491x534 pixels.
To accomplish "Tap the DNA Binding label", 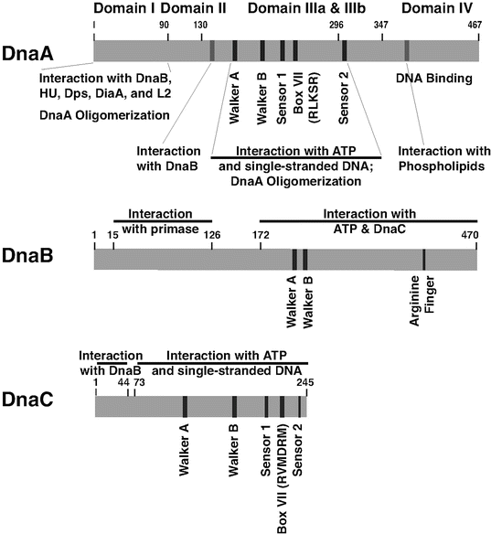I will pos(433,79).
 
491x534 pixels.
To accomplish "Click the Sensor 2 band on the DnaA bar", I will pos(344,50).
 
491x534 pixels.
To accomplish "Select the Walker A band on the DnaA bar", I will pos(235,50).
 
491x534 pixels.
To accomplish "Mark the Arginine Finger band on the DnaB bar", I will pos(423,259).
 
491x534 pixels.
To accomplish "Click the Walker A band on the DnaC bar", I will pos(186,407).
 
